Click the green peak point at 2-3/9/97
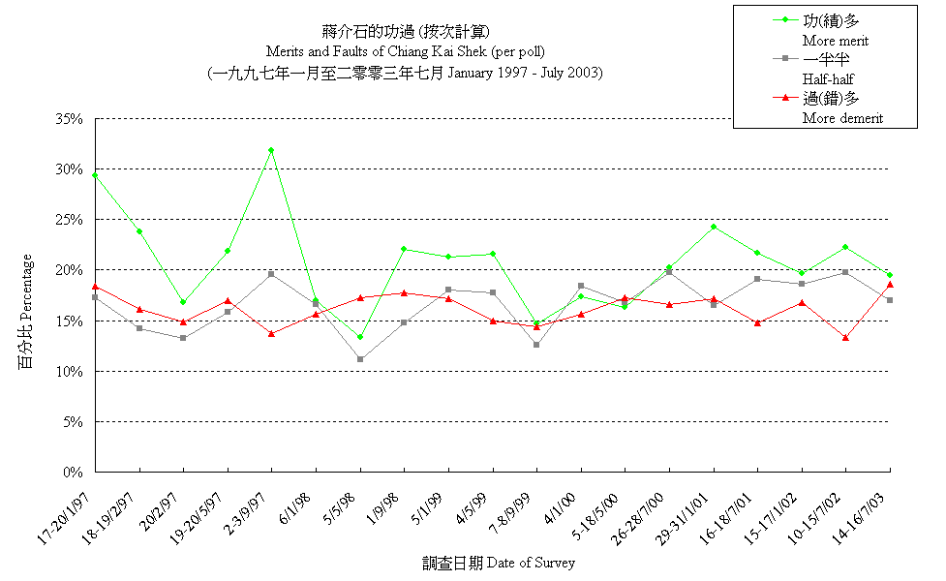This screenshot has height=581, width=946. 272,150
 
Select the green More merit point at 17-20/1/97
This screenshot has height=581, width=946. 95,175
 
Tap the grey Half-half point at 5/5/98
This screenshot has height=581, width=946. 360,359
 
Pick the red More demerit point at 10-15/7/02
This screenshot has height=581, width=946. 845,338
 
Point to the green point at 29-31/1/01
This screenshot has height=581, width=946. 714,227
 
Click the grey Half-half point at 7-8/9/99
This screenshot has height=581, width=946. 536,345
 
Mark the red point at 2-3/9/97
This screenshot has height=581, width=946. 272,333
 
